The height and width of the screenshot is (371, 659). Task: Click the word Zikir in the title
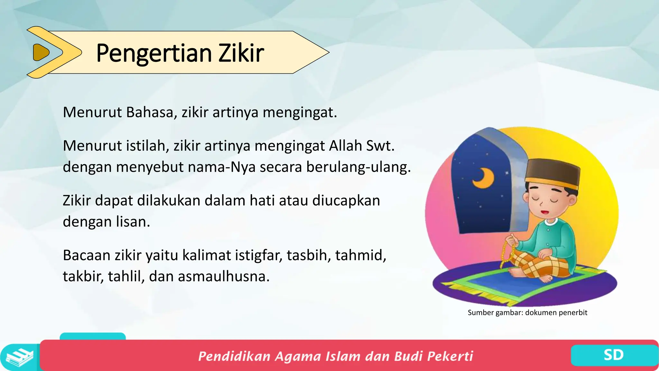tap(241, 53)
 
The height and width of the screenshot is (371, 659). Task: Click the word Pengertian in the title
tap(154, 53)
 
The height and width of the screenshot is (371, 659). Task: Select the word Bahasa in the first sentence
tap(150, 112)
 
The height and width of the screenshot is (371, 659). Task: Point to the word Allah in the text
tap(346, 146)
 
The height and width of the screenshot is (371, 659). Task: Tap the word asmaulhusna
tap(223, 276)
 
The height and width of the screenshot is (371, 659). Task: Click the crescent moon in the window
tap(483, 178)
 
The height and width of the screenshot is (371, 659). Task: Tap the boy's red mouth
tap(545, 212)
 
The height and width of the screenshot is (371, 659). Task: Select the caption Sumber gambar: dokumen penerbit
tap(527, 312)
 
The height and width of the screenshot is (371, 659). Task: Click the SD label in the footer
tap(613, 355)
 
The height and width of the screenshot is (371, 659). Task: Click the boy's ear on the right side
tap(572, 201)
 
